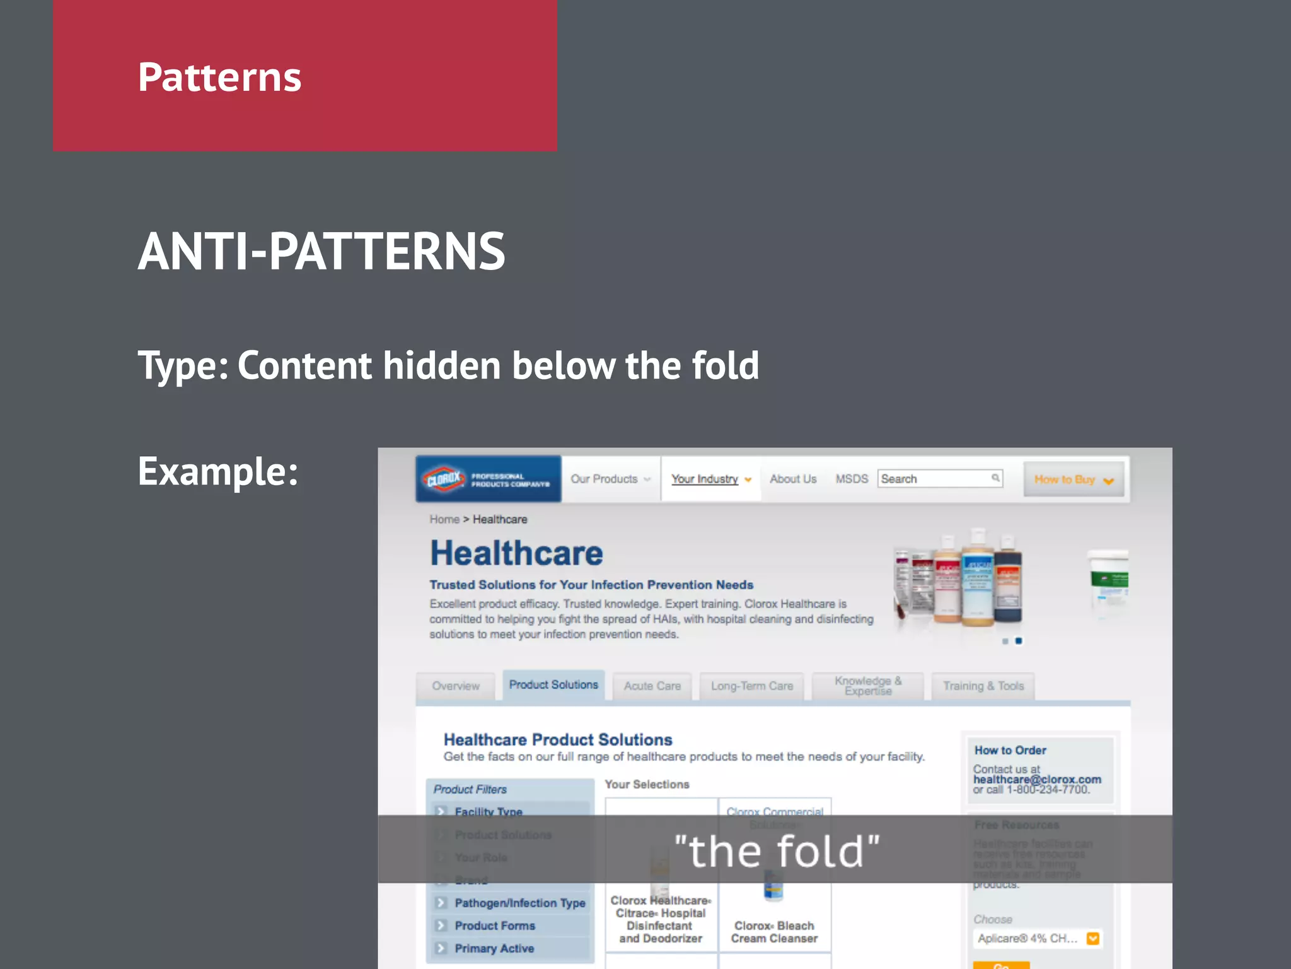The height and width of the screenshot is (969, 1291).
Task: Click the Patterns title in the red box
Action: coord(219,78)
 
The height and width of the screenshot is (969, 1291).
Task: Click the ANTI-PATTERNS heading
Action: coord(321,252)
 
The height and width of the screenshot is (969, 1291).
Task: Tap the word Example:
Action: coord(217,471)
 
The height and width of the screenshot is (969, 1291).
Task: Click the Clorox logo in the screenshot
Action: coord(444,479)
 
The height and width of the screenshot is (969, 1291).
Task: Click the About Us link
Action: coord(792,479)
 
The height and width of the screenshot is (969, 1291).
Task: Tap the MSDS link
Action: coord(852,479)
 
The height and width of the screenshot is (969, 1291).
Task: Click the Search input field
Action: coord(933,479)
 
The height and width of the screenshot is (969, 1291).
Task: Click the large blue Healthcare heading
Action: coord(516,553)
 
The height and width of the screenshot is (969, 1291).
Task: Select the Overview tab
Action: coord(456,686)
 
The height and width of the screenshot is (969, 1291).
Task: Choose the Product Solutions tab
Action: coord(553,684)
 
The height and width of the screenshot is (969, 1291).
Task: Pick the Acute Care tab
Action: coord(652,686)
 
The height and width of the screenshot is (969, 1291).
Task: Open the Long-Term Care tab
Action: coord(752,686)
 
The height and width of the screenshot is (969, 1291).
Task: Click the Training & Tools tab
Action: coord(983,686)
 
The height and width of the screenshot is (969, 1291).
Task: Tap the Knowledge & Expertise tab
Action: coord(868,686)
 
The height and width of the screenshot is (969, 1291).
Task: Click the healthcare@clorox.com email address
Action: coord(1037,779)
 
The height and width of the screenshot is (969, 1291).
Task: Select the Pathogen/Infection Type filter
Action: coord(519,903)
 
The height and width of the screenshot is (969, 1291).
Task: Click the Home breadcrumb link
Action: coord(444,519)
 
